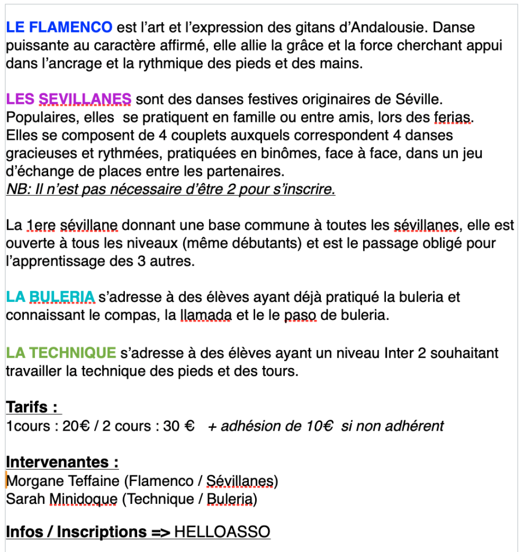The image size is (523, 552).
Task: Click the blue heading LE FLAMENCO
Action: tap(59, 27)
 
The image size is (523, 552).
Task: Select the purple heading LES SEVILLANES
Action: tap(69, 99)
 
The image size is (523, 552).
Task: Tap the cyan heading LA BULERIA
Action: tap(51, 298)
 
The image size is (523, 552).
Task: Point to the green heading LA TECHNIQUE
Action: tap(61, 352)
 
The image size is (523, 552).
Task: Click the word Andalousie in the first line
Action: tap(392, 27)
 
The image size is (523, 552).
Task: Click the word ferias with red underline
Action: tap(453, 117)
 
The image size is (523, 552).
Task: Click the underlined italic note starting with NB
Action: tap(170, 190)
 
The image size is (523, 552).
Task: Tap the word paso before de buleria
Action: tap(300, 316)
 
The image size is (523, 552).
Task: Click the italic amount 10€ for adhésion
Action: tap(319, 426)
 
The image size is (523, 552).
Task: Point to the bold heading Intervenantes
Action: tap(62, 462)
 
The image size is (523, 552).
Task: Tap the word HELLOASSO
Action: tap(222, 532)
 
